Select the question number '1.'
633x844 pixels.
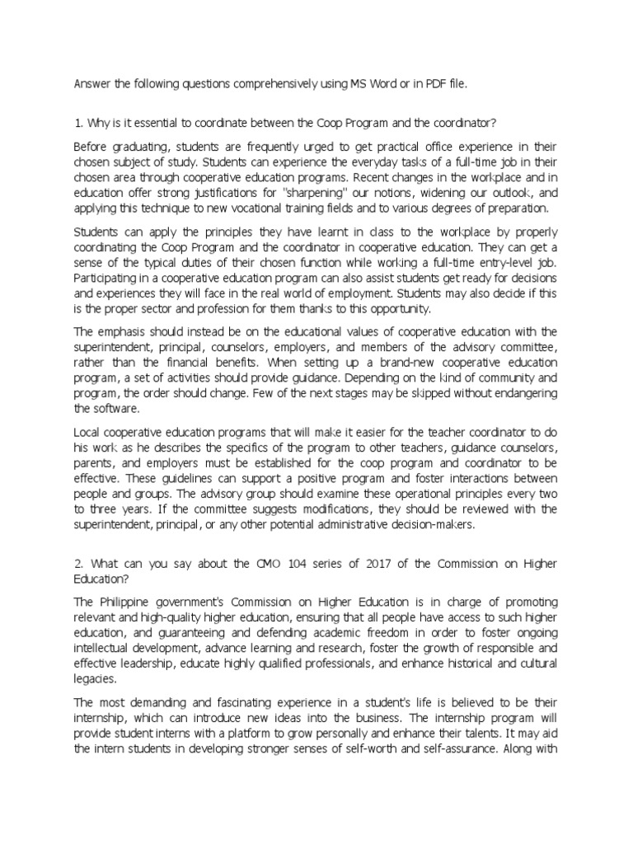(x=78, y=123)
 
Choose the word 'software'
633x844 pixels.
(x=120, y=408)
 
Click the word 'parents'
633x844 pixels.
(x=96, y=462)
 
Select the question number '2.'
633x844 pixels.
(x=79, y=563)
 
